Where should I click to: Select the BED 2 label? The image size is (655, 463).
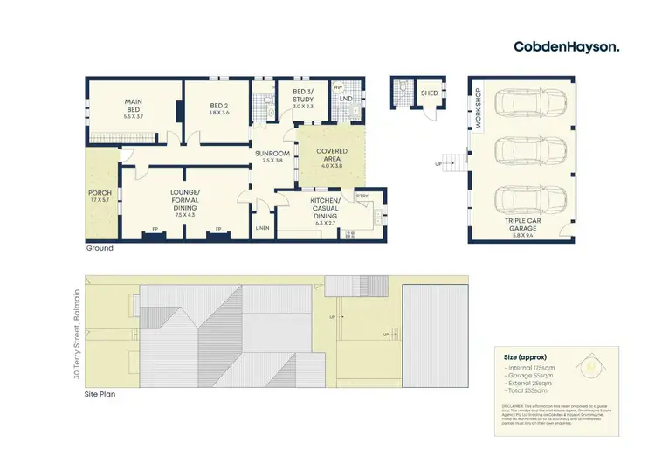coord(219,107)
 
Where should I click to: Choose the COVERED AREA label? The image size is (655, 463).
coord(332,156)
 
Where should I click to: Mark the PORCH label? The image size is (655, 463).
coord(100,196)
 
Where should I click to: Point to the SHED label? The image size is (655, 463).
coord(429,93)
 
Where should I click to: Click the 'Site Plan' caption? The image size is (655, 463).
coord(100,394)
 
